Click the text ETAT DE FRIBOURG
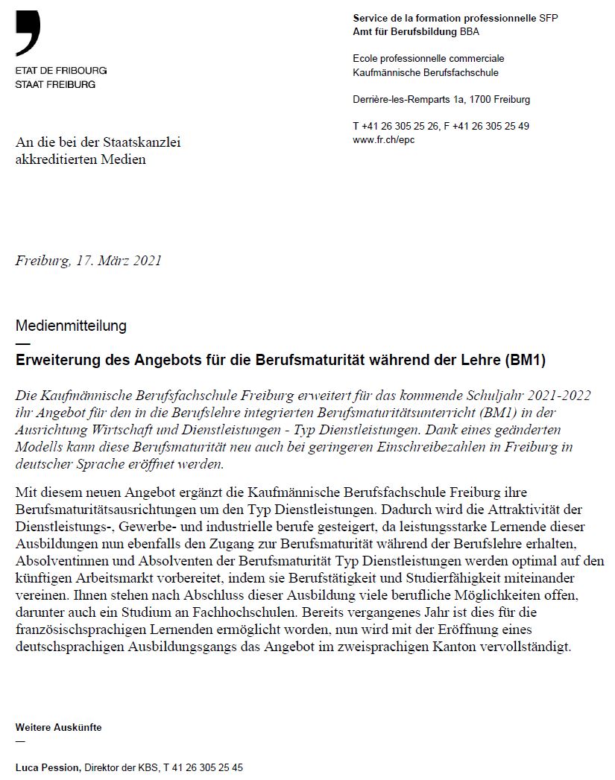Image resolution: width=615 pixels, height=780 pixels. coord(61,71)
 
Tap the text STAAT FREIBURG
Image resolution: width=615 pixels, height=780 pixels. coord(55,84)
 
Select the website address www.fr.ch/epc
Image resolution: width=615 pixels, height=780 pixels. coord(383,140)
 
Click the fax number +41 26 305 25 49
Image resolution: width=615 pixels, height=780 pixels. coord(491,127)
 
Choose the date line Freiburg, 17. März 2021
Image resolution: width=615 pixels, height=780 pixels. coord(88,261)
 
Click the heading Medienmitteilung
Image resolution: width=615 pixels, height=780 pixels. coord(71,326)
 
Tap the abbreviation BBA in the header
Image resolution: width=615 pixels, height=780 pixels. coord(469,32)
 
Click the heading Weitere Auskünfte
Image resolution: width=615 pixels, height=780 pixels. coord(58,727)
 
